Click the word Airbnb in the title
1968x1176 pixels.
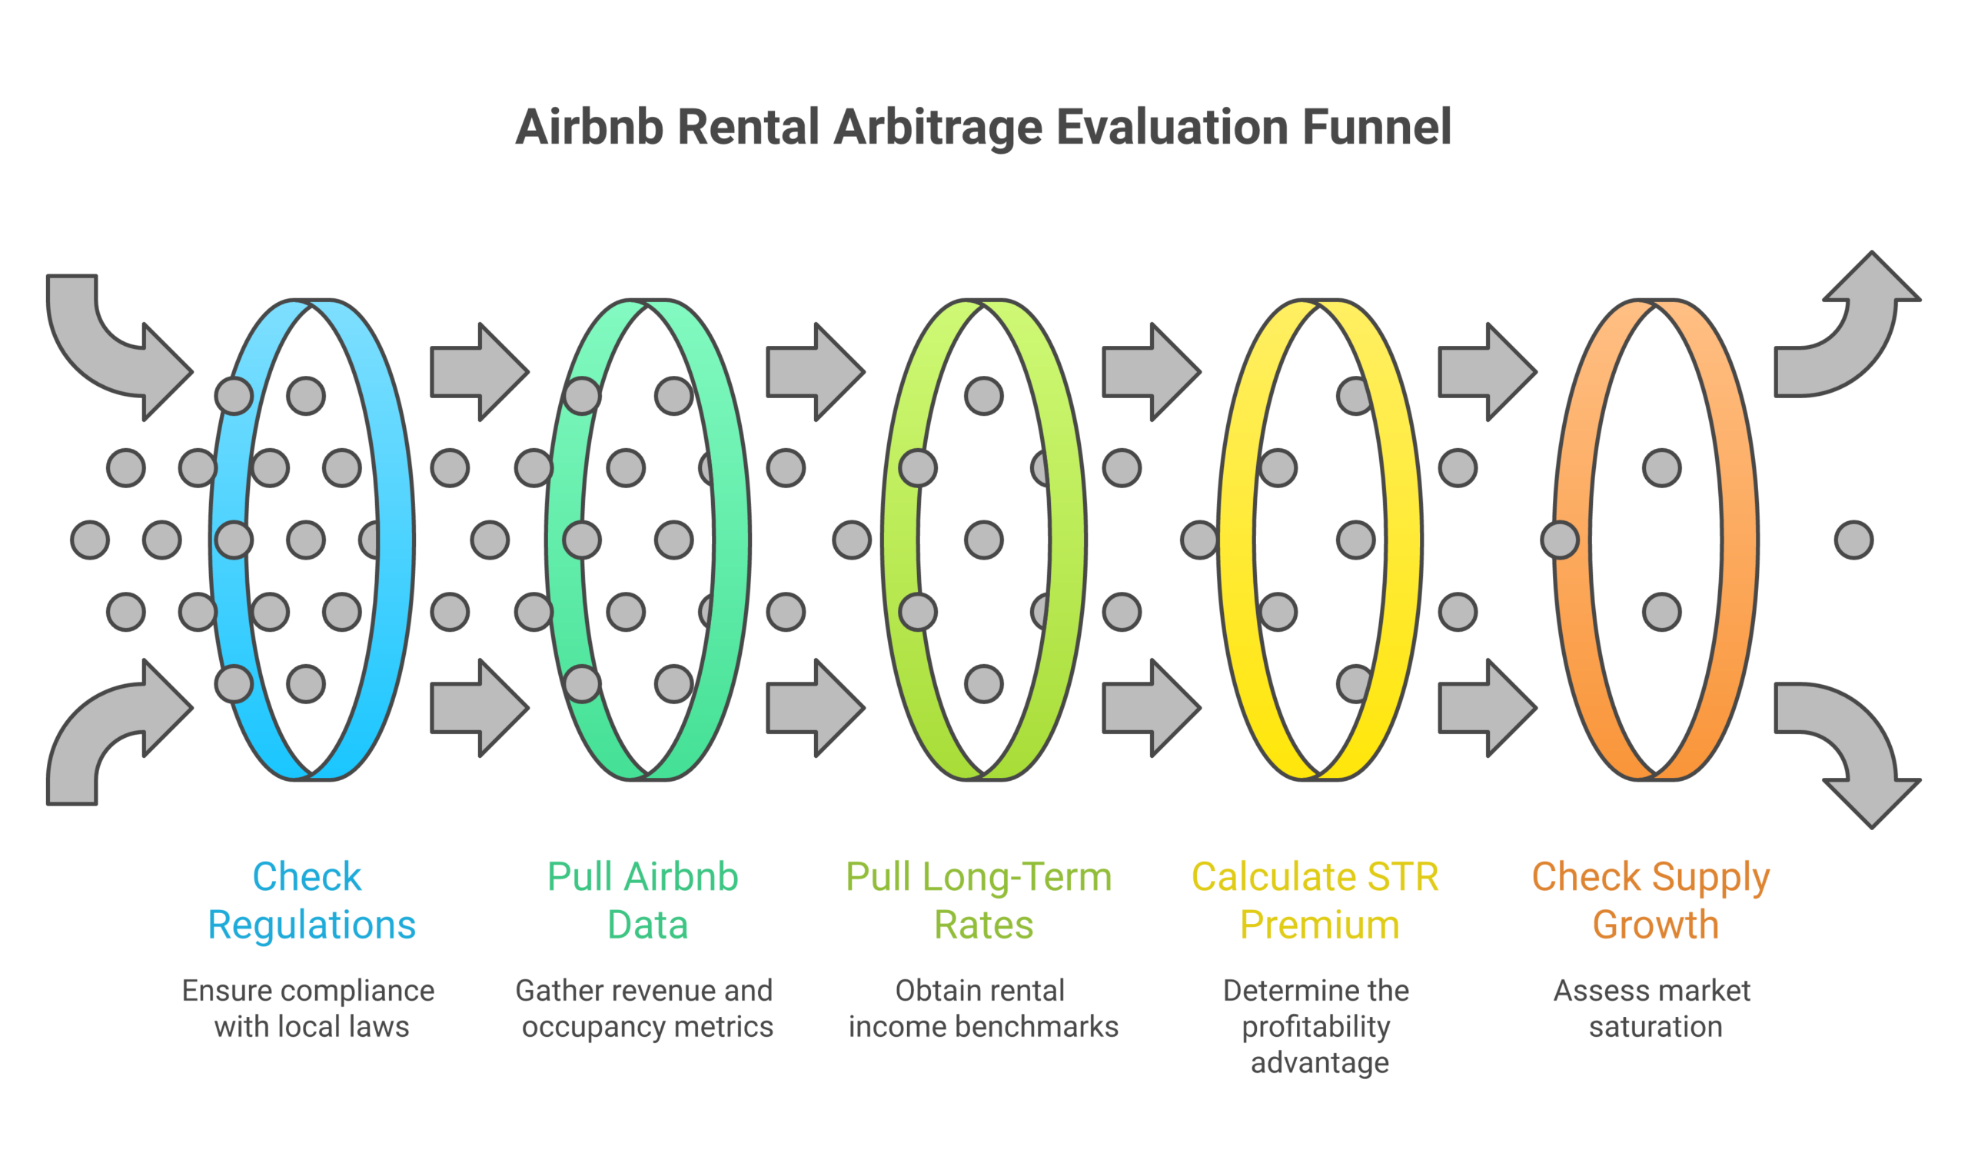click(x=589, y=128)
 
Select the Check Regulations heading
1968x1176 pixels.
click(x=311, y=901)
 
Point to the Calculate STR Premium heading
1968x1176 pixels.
click(x=1318, y=901)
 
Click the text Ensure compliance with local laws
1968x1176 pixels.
click(x=309, y=1008)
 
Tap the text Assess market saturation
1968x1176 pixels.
click(x=1654, y=1008)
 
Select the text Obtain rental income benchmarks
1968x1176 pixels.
click(x=982, y=1008)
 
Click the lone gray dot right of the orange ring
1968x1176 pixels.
click(x=1854, y=540)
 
